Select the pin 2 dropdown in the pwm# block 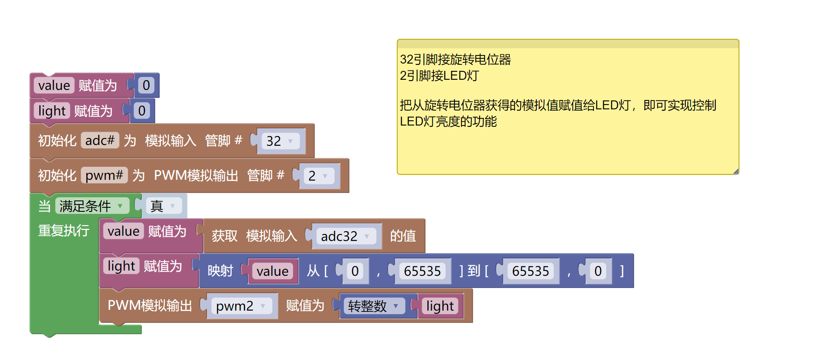(x=318, y=176)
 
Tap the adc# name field (x=100, y=141)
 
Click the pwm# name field (x=104, y=175)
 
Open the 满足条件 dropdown (x=92, y=206)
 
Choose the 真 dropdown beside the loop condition (x=163, y=206)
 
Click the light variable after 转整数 (x=440, y=306)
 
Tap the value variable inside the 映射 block (x=272, y=271)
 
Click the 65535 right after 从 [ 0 (x=422, y=271)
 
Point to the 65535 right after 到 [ (x=530, y=271)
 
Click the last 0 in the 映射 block (x=598, y=271)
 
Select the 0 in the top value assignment (x=146, y=85)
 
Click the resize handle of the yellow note (x=736, y=171)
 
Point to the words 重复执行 (x=64, y=230)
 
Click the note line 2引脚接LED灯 (x=439, y=76)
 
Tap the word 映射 (x=220, y=271)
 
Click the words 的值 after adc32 (x=403, y=236)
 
